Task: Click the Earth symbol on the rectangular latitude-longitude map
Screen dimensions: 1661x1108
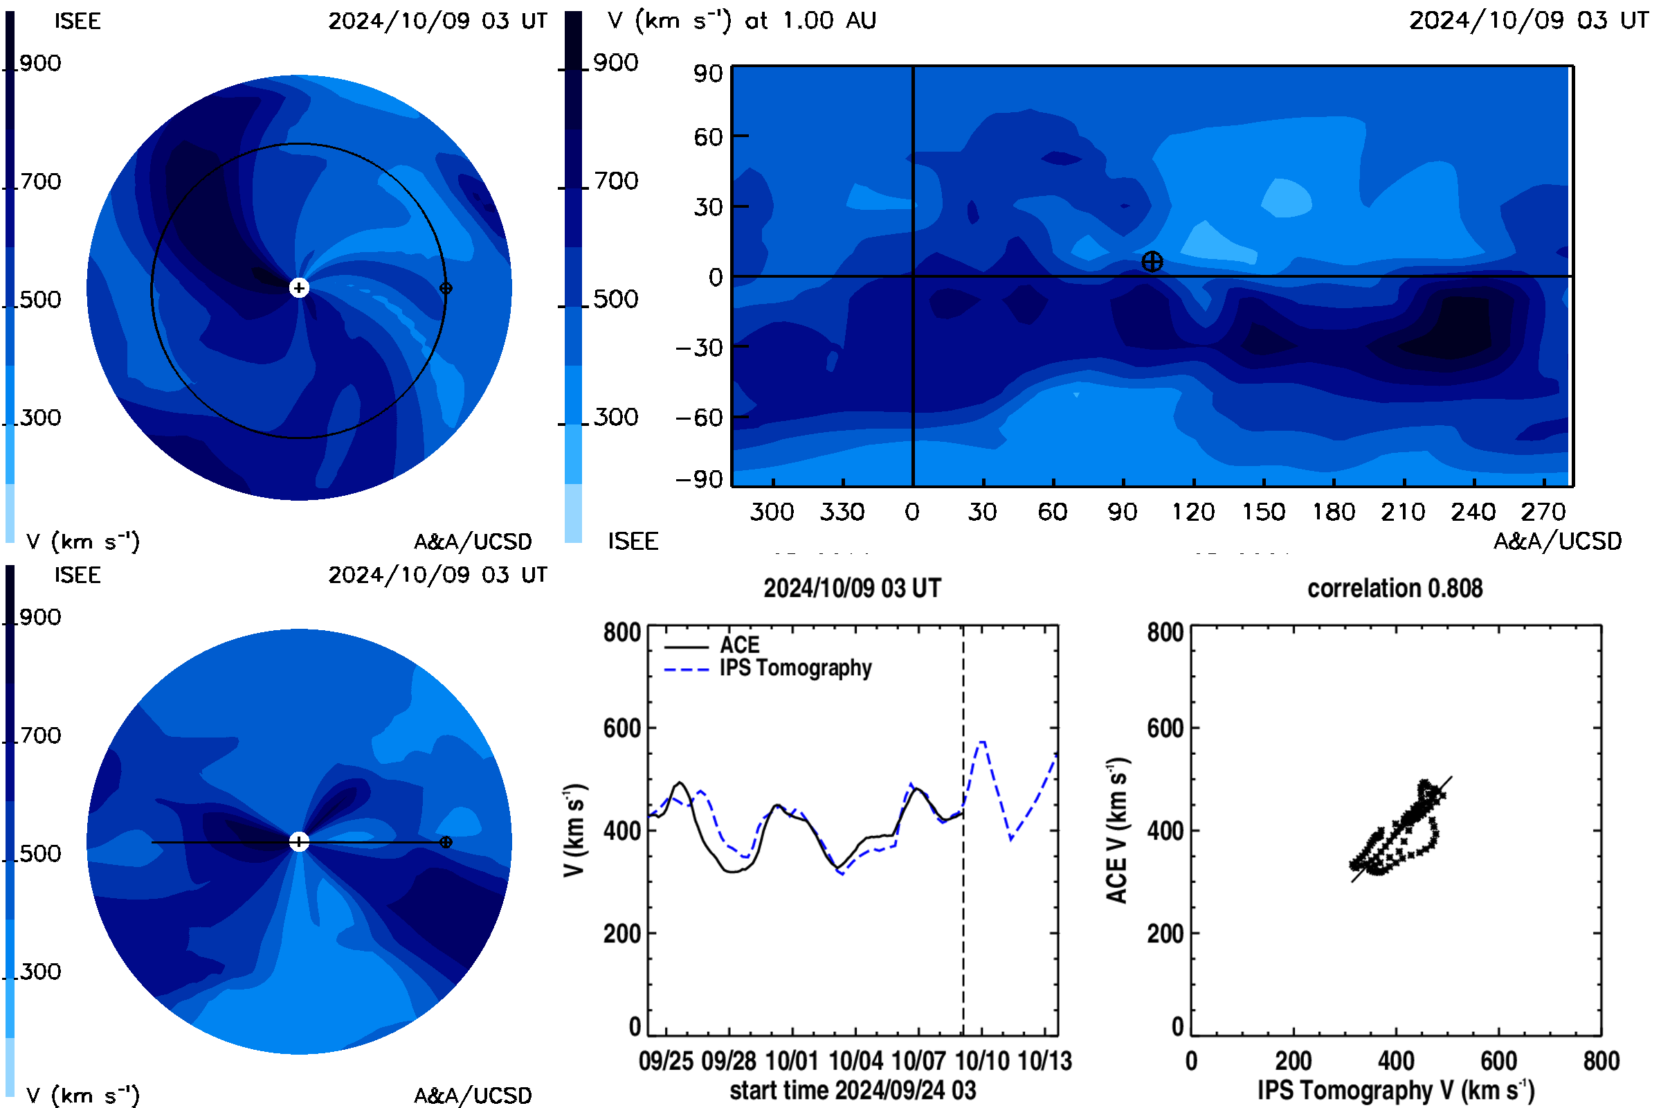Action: coord(1152,262)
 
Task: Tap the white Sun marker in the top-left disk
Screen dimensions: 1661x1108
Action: coord(300,287)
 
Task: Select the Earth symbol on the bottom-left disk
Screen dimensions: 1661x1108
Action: coord(446,842)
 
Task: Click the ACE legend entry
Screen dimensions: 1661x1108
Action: coord(739,645)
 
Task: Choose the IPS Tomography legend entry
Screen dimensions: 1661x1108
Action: coord(796,668)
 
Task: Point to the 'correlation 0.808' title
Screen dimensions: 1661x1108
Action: coord(1395,589)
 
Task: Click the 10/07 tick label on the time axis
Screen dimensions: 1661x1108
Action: coord(918,1061)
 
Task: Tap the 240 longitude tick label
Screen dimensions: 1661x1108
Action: coord(1473,512)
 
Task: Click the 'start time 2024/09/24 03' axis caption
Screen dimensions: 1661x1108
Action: coord(853,1090)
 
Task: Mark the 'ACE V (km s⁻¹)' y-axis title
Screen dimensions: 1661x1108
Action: coord(1117,831)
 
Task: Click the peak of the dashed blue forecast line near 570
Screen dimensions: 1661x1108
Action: coord(981,742)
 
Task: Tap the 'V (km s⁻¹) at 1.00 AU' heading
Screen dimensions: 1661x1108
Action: coord(742,21)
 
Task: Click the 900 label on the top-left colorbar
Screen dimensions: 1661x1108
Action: coord(40,64)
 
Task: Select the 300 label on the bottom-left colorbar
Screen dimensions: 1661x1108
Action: coord(40,972)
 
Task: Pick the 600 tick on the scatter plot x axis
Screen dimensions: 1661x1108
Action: coord(1498,1061)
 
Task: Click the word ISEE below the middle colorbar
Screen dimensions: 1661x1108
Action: coord(633,542)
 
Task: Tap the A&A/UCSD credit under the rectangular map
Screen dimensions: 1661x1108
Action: coord(1558,542)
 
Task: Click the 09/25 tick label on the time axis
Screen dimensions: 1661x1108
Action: coord(666,1061)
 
